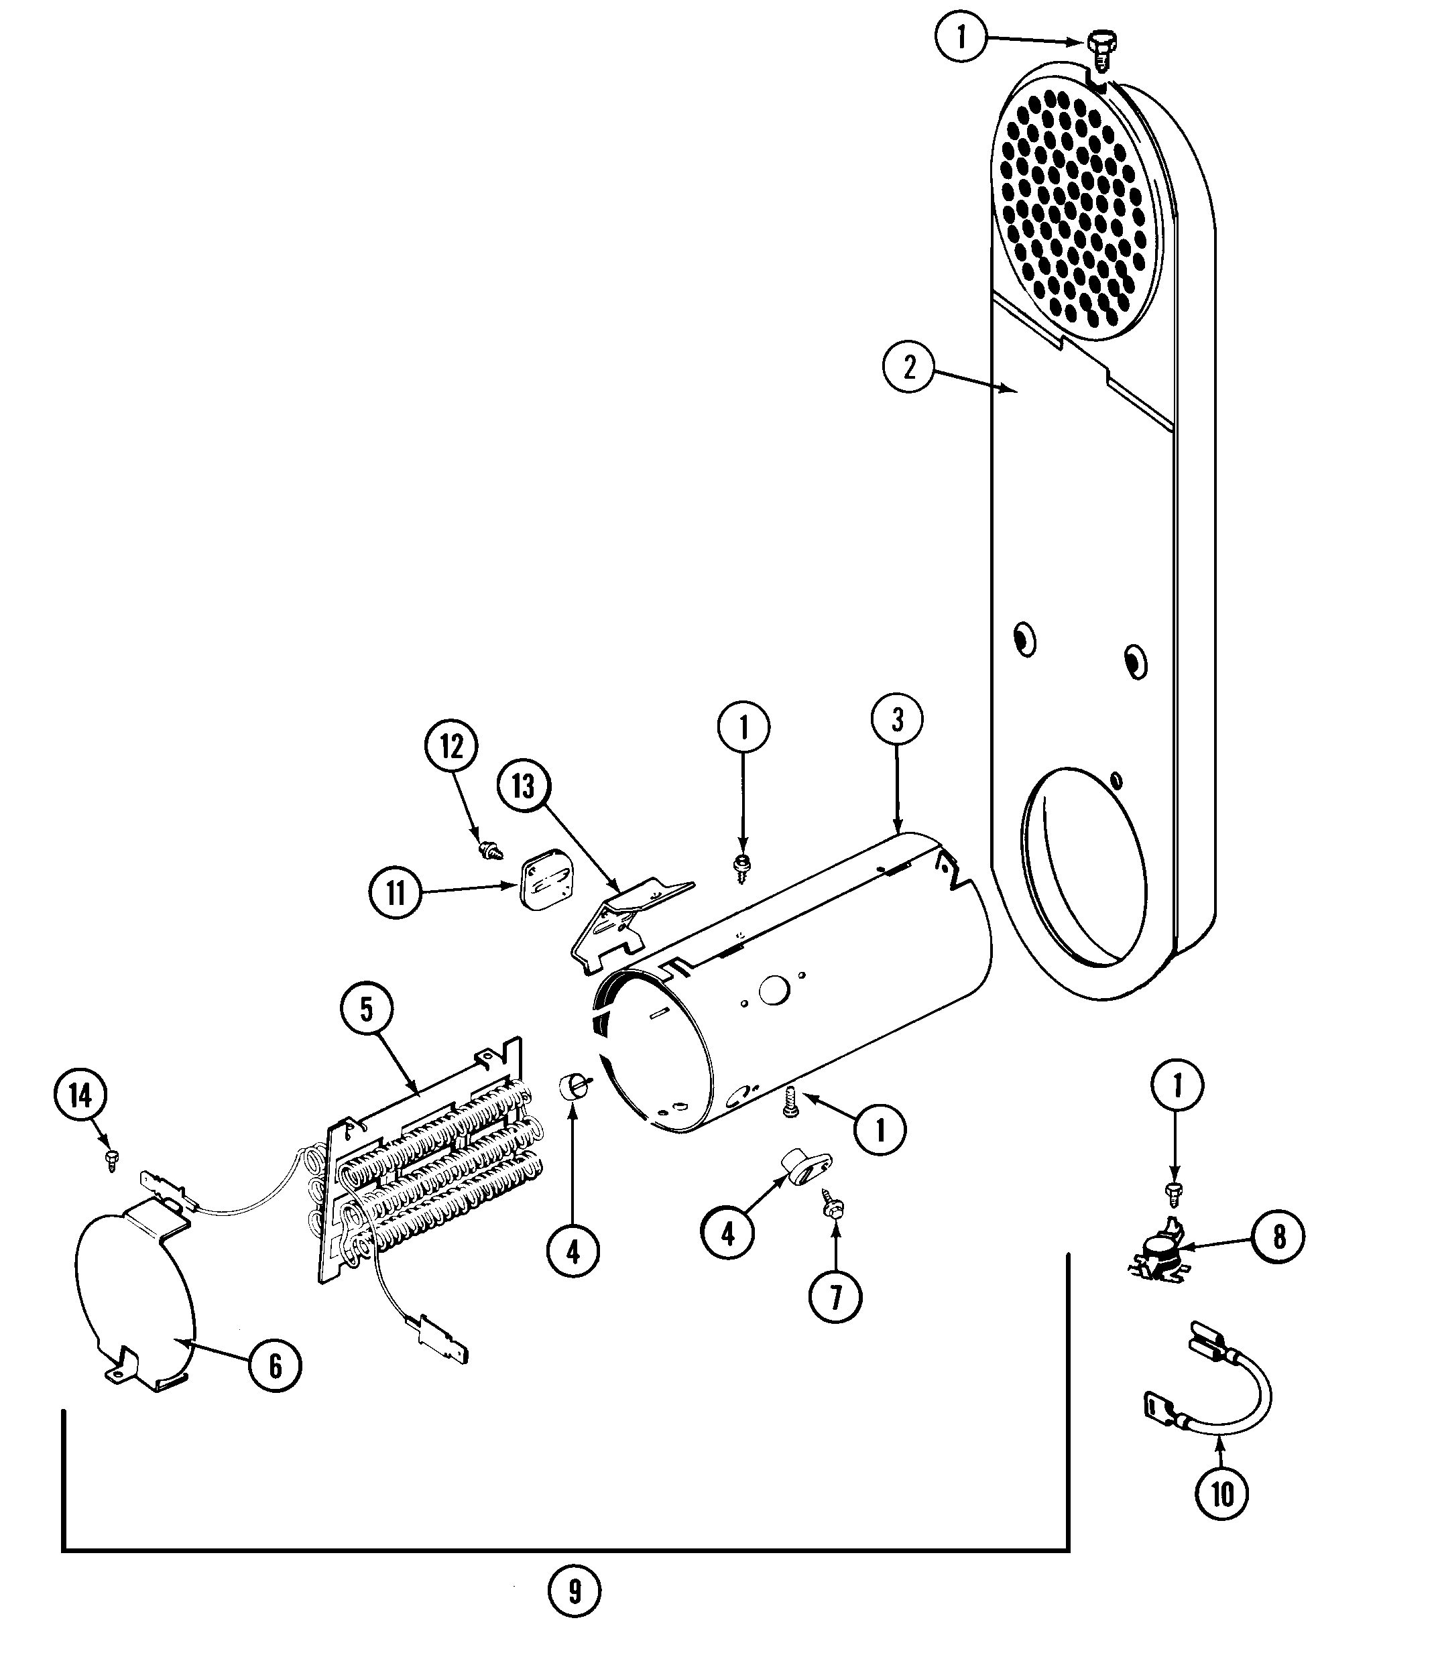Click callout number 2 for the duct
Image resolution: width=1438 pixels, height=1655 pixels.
tap(909, 367)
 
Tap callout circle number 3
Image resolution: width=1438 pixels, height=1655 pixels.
tap(896, 720)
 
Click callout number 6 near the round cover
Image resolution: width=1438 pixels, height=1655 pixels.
tap(276, 1365)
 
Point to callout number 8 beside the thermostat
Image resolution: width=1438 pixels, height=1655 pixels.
tap(1278, 1236)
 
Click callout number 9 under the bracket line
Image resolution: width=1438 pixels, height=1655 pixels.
tap(575, 1591)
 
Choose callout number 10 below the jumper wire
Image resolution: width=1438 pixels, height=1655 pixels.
tap(1221, 1493)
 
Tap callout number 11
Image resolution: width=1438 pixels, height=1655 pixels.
tap(396, 892)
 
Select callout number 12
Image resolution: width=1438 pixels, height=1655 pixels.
tap(451, 747)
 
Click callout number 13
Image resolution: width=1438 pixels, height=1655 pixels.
tap(523, 786)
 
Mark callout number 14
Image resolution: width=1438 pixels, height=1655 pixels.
tap(80, 1095)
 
